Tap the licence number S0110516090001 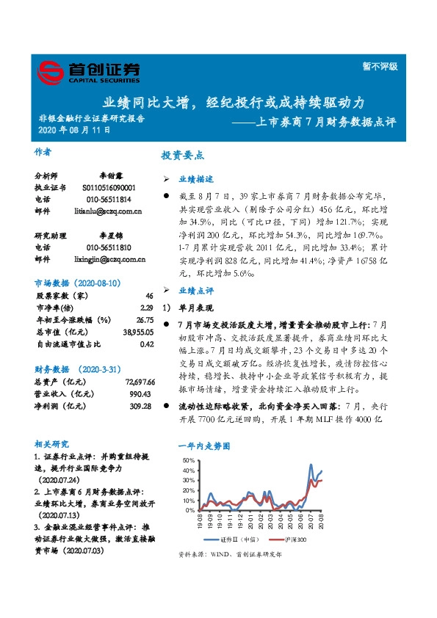pyautogui.click(x=109, y=188)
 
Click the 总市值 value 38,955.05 pyautogui.click(x=138, y=331)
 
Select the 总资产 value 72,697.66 pyautogui.click(x=138, y=382)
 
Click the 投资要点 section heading pyautogui.click(x=182, y=156)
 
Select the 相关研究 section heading pyautogui.click(x=52, y=444)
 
